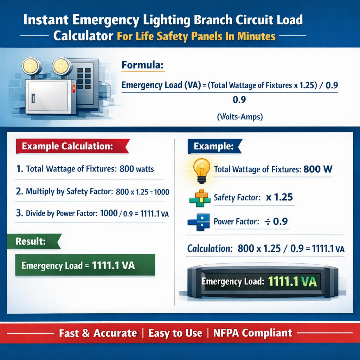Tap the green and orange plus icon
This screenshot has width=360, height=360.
(x=199, y=197)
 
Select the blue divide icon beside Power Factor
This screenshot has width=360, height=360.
(x=199, y=222)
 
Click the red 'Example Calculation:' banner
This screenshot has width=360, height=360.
(x=67, y=147)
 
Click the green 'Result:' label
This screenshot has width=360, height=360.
(x=30, y=242)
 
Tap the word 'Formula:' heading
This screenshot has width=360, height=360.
(x=141, y=65)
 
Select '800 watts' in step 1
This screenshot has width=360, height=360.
(x=136, y=169)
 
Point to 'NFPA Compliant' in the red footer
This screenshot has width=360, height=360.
(x=253, y=333)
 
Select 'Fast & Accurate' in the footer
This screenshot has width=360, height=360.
(x=98, y=333)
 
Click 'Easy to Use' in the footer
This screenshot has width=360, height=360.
(x=175, y=333)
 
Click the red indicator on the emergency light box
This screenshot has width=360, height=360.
(x=73, y=89)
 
